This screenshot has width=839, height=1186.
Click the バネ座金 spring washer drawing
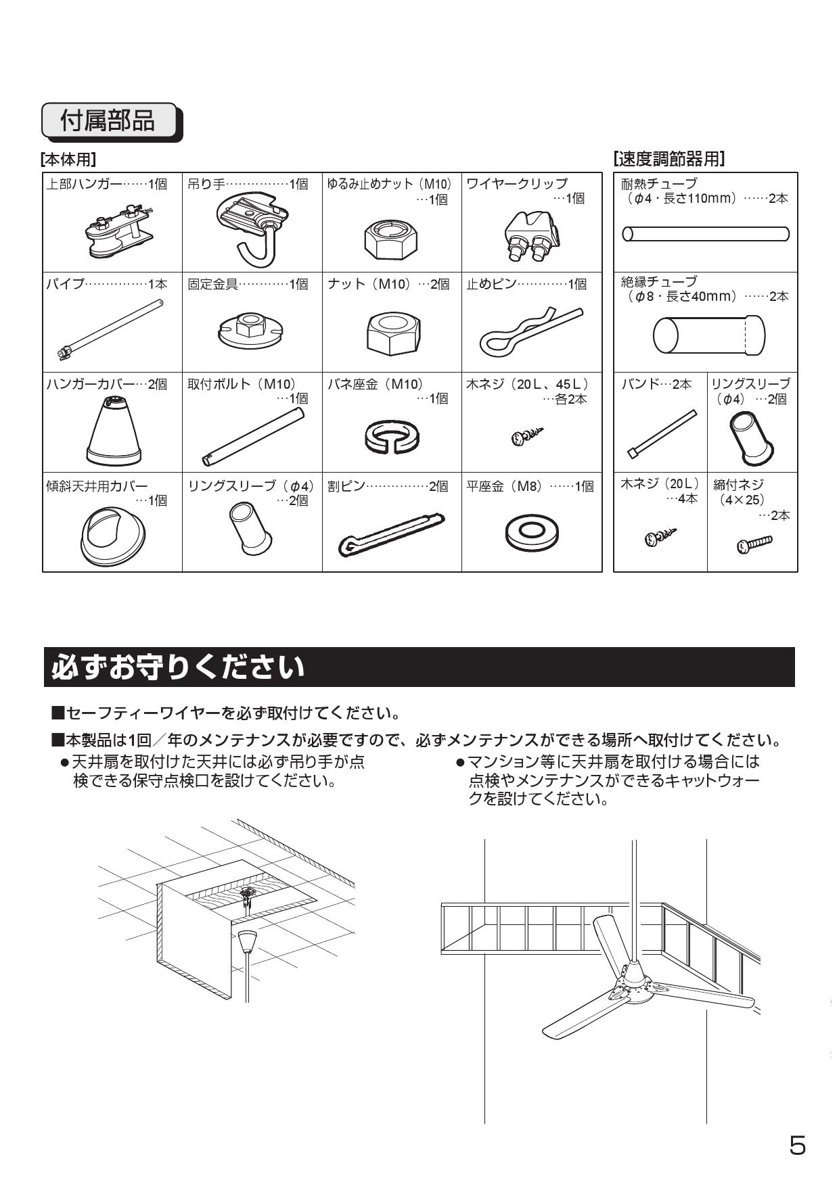(x=392, y=435)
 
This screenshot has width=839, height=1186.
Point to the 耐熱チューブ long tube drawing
(x=705, y=234)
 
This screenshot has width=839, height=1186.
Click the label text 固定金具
(x=212, y=284)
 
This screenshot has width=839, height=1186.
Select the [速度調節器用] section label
(x=668, y=159)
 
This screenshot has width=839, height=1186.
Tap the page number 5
(x=798, y=1145)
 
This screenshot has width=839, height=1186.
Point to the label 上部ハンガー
(x=84, y=184)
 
